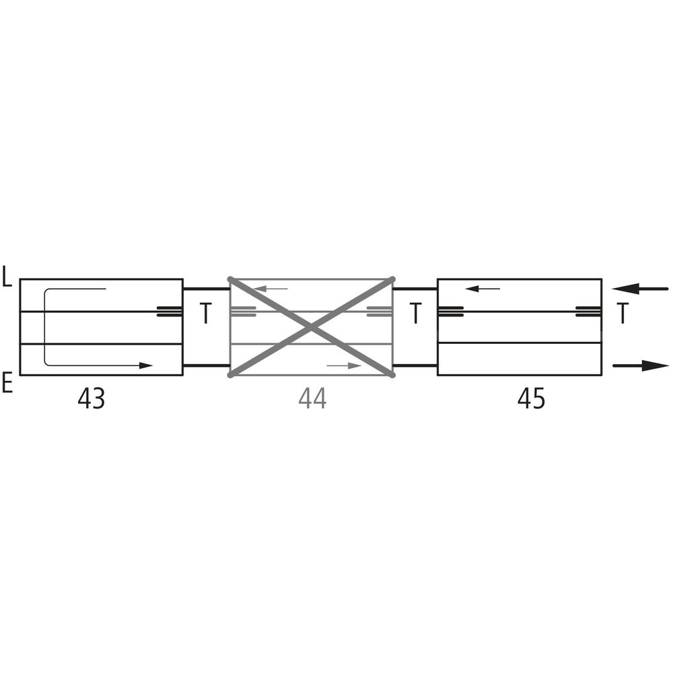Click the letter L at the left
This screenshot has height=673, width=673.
[7, 276]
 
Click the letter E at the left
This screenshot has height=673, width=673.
[7, 384]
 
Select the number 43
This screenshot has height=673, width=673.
[91, 398]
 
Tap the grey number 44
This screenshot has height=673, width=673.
[312, 398]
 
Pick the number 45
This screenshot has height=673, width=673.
[531, 398]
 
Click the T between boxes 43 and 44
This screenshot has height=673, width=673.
[206, 313]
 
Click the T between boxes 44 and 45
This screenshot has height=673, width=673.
[415, 313]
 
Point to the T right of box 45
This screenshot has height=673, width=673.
[623, 313]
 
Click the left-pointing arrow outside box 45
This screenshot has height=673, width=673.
[640, 289]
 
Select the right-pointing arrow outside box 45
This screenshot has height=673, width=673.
[641, 365]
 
